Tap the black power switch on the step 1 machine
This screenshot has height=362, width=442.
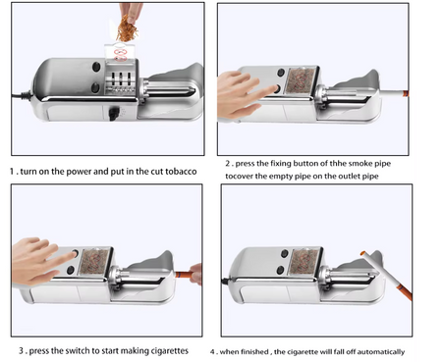113,115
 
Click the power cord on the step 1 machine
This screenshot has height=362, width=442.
23,95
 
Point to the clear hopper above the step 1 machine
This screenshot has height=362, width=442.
120,52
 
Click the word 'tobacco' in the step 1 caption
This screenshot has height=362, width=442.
181,172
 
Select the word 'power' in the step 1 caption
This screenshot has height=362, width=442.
80,172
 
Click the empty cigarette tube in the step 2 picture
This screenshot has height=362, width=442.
395,94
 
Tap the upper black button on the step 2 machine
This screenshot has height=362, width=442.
281,73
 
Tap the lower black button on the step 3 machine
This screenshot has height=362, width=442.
71,270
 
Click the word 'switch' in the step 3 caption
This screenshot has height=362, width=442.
78,351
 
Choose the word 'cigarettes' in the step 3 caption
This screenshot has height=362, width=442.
169,351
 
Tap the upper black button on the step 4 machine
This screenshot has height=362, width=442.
285,253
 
